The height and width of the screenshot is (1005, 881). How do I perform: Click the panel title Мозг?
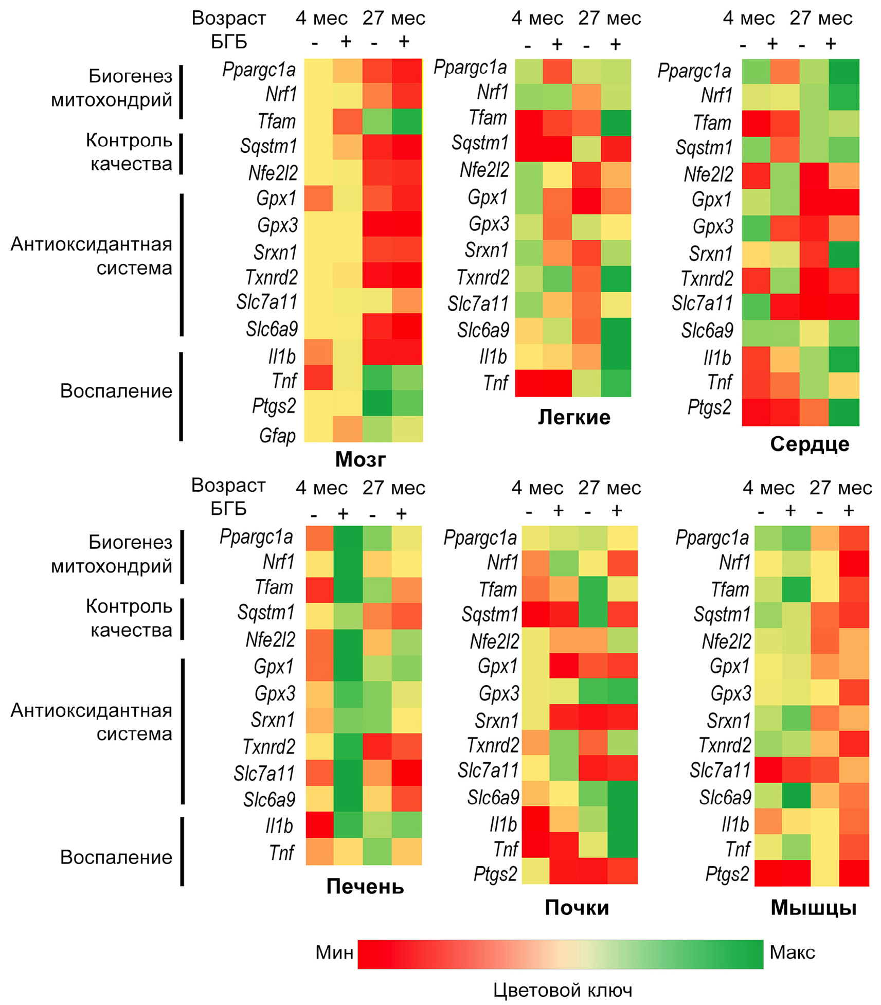click(360, 459)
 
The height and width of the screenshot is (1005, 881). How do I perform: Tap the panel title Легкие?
click(574, 417)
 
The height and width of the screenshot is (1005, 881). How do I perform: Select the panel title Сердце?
click(810, 444)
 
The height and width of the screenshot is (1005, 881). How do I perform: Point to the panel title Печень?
click(365, 886)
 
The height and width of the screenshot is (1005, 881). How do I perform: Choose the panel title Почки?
click(577, 908)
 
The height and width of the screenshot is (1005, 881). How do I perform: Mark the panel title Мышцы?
click(813, 908)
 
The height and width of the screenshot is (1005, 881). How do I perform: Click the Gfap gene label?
click(277, 436)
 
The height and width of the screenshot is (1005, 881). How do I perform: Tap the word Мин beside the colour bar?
click(334, 952)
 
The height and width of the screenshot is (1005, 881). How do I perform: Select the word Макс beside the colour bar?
click(792, 952)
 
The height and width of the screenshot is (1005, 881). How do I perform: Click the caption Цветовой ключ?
click(563, 990)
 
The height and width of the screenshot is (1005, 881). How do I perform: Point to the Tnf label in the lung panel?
click(496, 383)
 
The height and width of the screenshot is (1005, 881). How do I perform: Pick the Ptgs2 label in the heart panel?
click(709, 407)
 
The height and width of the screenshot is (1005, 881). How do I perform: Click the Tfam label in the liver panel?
click(274, 587)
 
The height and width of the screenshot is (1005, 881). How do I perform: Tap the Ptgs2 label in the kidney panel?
click(495, 874)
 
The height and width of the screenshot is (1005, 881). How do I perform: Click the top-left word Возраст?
click(229, 18)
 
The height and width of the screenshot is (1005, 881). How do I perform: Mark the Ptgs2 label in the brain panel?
click(274, 406)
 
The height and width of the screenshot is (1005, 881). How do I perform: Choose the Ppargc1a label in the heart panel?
click(694, 71)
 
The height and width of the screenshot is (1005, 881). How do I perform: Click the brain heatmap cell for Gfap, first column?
click(318, 429)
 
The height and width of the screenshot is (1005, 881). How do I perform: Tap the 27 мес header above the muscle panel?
click(840, 488)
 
